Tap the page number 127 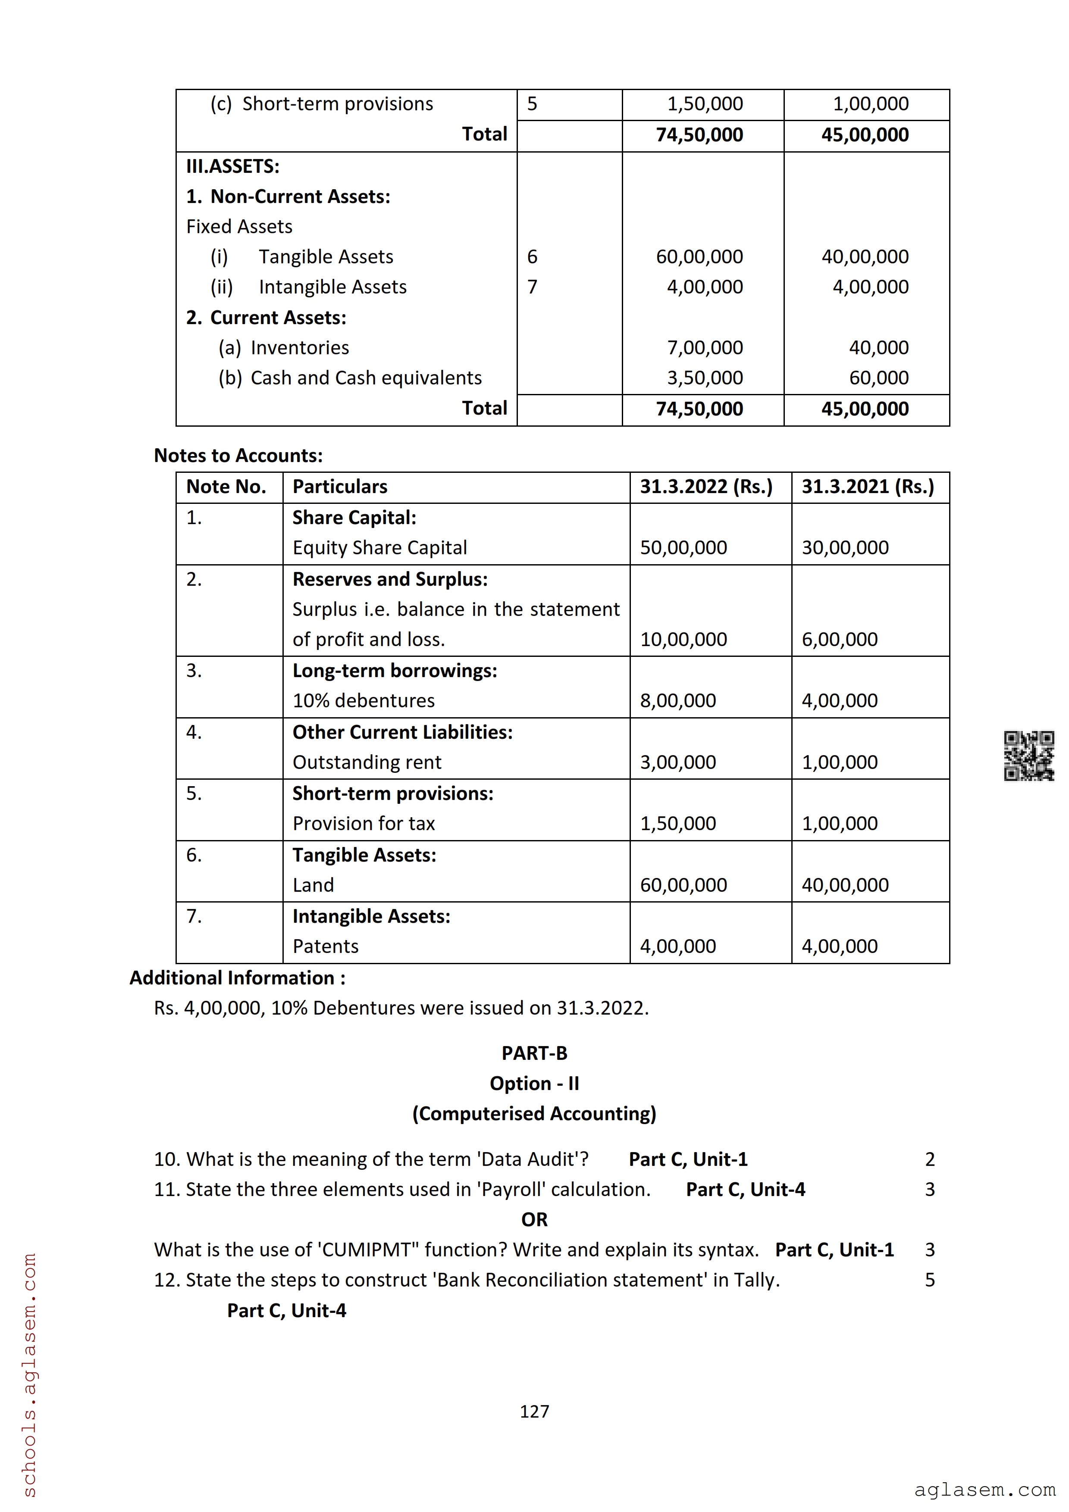[x=534, y=1411]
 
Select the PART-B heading [x=534, y=1053]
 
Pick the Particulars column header [x=340, y=487]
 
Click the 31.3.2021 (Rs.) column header [x=868, y=487]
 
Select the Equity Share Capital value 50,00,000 [x=683, y=547]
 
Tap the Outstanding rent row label [x=367, y=762]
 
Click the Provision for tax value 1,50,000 [x=678, y=823]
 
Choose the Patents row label [x=326, y=947]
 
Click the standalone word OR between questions [x=534, y=1220]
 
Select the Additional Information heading [x=237, y=978]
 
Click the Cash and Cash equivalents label [x=366, y=378]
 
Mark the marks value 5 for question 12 [x=929, y=1280]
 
